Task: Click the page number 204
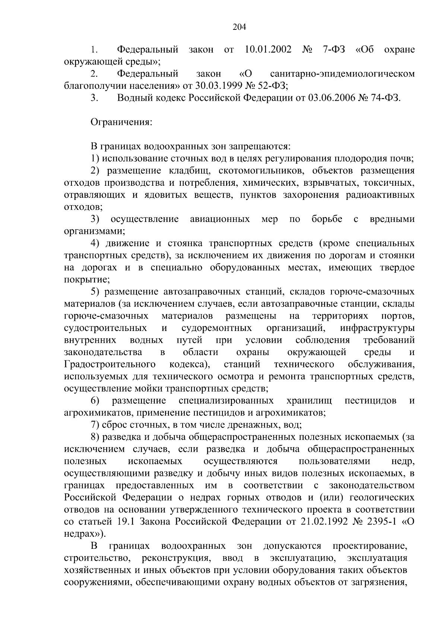(x=240, y=26)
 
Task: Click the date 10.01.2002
(x=269, y=50)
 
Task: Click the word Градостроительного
(x=110, y=364)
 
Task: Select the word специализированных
(x=226, y=401)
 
